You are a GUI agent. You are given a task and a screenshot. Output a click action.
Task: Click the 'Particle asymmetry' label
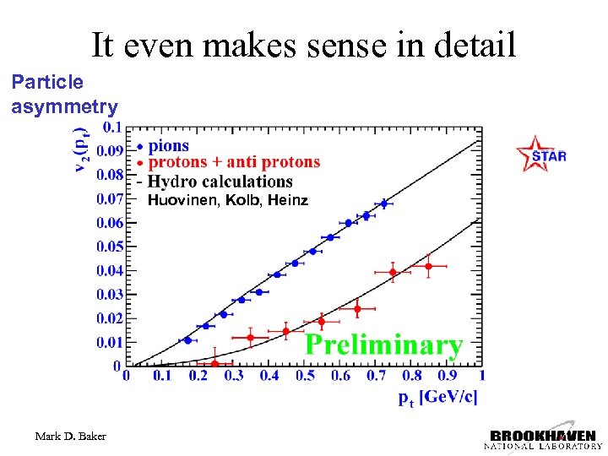64,94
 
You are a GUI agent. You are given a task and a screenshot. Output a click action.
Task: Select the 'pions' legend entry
169,145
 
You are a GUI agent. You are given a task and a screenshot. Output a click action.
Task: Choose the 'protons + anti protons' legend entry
234,162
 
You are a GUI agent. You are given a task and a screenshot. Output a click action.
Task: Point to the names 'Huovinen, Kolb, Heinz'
228,201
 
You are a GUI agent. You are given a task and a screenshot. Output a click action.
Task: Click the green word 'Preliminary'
384,345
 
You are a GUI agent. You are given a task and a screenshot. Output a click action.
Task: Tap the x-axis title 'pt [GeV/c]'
437,398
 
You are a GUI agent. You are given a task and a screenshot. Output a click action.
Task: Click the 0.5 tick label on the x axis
304,375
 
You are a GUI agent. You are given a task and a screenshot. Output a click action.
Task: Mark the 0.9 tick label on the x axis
446,375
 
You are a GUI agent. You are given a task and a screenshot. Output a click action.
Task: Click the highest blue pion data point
383,204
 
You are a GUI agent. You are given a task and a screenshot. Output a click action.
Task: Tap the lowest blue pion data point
187,339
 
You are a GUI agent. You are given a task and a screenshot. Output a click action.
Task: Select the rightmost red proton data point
428,266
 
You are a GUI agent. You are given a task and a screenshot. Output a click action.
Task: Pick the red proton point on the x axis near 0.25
214,363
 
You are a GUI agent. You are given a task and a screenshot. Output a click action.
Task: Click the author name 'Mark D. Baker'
71,437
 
